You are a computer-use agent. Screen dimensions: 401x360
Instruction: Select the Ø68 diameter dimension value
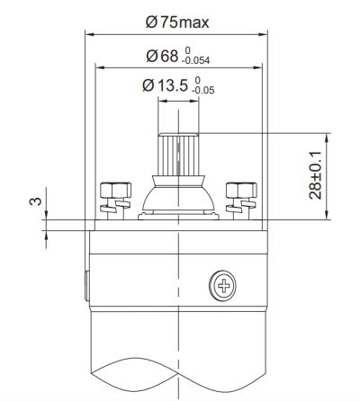pyautogui.click(x=162, y=56)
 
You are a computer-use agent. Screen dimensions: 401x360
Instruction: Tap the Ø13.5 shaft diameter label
pyautogui.click(x=170, y=86)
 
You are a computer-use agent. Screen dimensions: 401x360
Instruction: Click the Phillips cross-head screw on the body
pyautogui.click(x=220, y=286)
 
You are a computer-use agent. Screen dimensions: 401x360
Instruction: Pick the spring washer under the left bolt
pyautogui.click(x=110, y=208)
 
